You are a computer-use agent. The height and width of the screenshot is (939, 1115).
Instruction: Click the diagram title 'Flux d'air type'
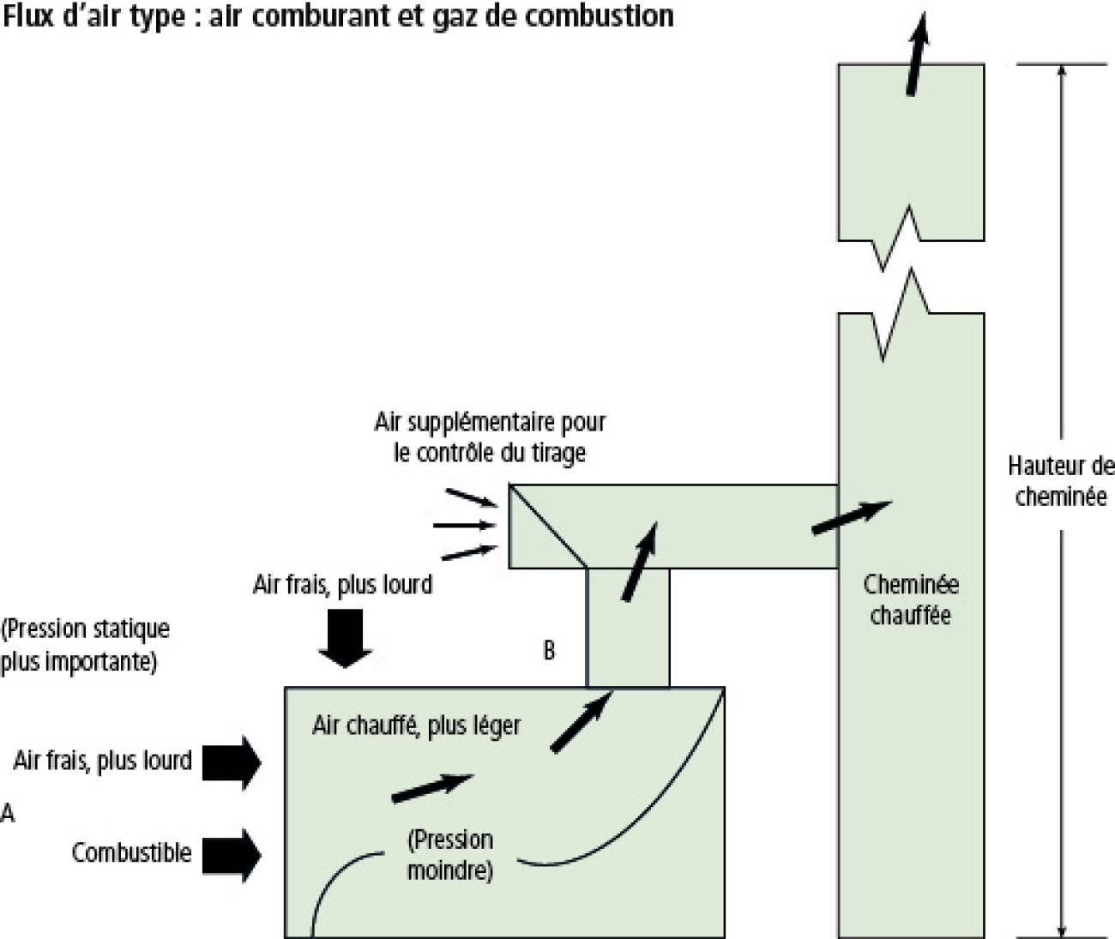[337, 15]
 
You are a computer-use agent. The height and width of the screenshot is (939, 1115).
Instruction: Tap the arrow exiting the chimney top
[917, 53]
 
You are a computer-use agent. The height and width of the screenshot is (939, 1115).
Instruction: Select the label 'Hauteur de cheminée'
[1061, 482]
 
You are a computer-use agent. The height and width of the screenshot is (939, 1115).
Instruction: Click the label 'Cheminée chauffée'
[911, 599]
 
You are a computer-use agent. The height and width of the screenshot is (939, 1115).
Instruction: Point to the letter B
[549, 651]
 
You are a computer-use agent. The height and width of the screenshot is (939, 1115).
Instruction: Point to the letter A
[8, 811]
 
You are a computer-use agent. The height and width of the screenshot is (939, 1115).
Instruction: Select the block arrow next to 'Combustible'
[232, 854]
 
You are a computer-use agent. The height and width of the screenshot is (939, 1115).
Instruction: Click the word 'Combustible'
[131, 853]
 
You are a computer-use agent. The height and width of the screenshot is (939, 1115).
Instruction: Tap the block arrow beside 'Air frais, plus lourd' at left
[232, 761]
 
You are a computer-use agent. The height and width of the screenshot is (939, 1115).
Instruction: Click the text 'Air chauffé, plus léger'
[416, 725]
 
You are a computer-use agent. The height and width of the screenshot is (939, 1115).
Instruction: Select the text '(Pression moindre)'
[450, 855]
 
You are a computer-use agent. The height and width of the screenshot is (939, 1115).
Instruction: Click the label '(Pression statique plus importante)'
[85, 646]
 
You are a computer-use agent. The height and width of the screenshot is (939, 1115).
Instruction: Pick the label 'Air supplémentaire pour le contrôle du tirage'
[490, 437]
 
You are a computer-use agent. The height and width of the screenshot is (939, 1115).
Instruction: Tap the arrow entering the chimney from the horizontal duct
[851, 517]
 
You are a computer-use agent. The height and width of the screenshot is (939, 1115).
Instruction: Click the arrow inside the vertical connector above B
[639, 562]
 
